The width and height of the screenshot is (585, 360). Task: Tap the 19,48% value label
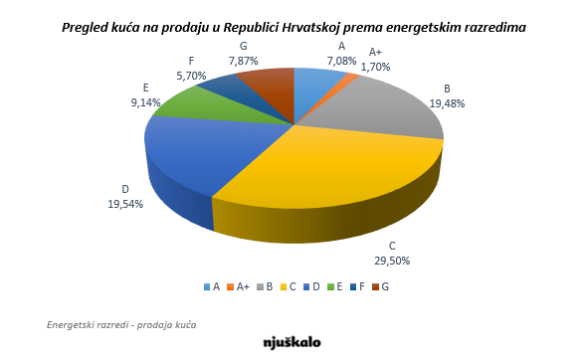448,102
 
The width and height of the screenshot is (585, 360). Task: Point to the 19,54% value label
126,203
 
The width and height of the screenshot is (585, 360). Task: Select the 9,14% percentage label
146,101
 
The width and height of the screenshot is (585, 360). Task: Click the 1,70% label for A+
375,67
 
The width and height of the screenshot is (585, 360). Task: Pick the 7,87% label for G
244,60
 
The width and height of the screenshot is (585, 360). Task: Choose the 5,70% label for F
192,75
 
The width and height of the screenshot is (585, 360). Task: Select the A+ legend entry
239,286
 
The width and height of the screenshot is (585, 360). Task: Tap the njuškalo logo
292,341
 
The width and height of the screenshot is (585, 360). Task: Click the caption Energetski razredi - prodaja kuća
121,325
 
